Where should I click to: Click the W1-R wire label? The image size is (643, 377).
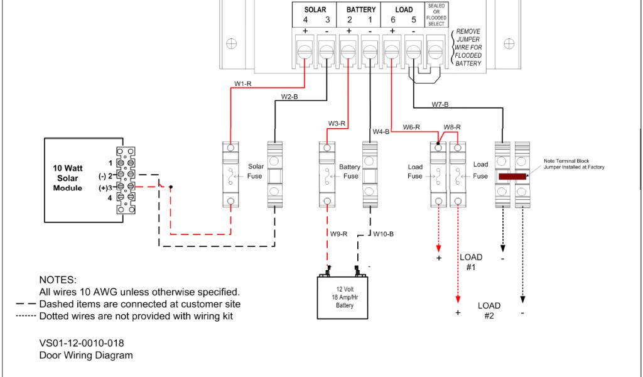click(x=242, y=84)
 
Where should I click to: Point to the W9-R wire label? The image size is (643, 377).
click(x=338, y=234)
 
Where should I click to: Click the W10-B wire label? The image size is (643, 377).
click(x=383, y=234)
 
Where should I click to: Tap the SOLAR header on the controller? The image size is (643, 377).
click(x=315, y=9)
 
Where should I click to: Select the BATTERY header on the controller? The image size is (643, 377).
click(x=360, y=9)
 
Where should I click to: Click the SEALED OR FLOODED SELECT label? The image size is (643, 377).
click(x=436, y=14)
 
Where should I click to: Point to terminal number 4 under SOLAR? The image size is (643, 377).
click(x=305, y=19)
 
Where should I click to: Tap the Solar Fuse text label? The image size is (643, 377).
click(x=256, y=171)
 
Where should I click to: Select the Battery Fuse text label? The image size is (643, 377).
click(x=350, y=172)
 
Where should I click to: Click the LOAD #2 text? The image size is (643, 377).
click(x=489, y=310)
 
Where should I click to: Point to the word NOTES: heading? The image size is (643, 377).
click(x=58, y=280)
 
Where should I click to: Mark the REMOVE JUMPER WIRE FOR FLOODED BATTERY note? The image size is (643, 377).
click(x=468, y=47)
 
